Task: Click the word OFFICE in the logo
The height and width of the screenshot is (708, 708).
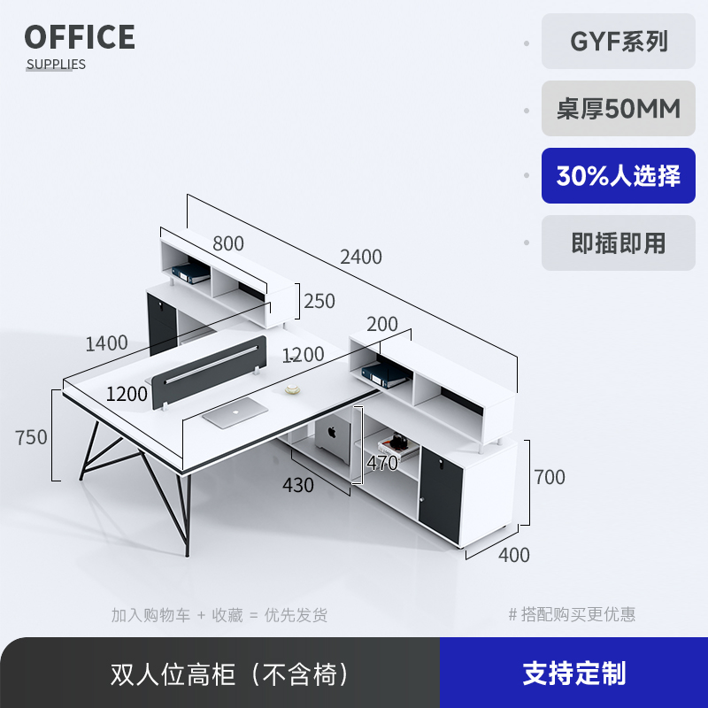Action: point(80,37)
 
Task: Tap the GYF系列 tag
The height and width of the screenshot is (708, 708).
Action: point(619,42)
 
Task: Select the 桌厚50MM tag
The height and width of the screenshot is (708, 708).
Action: point(619,109)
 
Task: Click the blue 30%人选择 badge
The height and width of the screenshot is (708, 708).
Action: point(619,175)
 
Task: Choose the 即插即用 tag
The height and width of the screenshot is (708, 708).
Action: point(619,242)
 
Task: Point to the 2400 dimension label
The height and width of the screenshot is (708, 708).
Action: point(361,257)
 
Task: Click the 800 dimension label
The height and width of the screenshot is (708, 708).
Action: point(227,242)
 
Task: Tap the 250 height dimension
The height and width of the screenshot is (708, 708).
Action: point(319,301)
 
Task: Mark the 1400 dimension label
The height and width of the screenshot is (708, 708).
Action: point(107,342)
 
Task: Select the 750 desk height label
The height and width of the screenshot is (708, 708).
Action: point(31,437)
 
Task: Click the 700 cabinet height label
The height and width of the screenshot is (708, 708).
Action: point(549,478)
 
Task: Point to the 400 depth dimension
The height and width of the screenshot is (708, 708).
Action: point(514,555)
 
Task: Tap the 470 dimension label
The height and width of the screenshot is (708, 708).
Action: point(382,462)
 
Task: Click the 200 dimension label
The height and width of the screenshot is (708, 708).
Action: point(382,325)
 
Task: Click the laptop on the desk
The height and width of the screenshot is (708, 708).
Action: point(235,412)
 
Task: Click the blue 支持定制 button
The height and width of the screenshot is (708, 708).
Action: point(573,673)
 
